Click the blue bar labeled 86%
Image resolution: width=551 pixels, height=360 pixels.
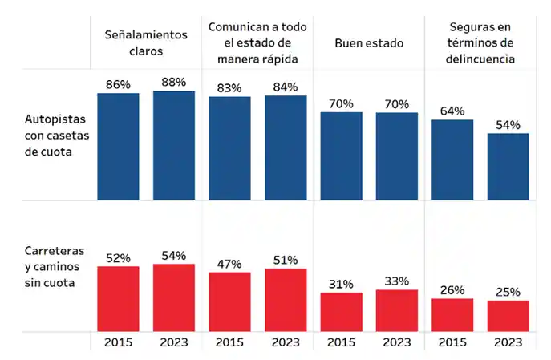pyautogui.click(x=118, y=146)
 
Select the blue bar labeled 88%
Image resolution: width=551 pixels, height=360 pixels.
pyautogui.click(x=174, y=145)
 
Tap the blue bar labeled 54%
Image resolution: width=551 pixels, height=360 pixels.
pyautogui.click(x=508, y=166)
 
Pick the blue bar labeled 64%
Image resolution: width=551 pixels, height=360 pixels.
pyautogui.click(x=452, y=160)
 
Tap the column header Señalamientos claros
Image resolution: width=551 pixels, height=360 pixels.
pyautogui.click(x=146, y=42)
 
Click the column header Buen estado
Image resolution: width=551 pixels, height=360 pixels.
pyautogui.click(x=369, y=42)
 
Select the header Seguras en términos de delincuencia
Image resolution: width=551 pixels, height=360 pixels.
pyautogui.click(x=480, y=42)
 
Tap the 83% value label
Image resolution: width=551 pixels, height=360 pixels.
pyautogui.click(x=229, y=87)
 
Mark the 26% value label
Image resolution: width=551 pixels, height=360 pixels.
pyautogui.click(x=452, y=289)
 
